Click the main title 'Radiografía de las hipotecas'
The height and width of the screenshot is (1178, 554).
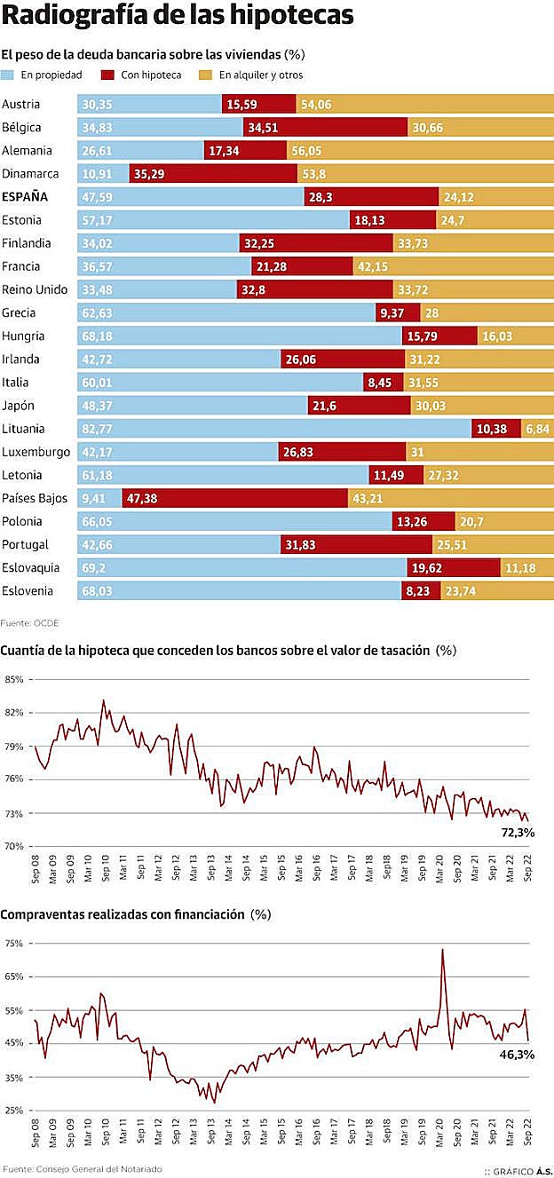[178, 17]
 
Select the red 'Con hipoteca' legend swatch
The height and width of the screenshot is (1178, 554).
[108, 75]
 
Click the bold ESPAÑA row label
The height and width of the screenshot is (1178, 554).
[25, 196]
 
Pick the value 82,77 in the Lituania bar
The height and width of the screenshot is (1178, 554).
[98, 429]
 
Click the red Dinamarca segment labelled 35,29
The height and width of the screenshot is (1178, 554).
[213, 173]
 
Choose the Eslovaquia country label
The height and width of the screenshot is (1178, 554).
[32, 567]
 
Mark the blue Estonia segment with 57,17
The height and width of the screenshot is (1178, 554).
[213, 219]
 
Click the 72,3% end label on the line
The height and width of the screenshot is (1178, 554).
[518, 833]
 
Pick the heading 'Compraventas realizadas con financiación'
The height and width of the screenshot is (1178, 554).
[123, 913]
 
